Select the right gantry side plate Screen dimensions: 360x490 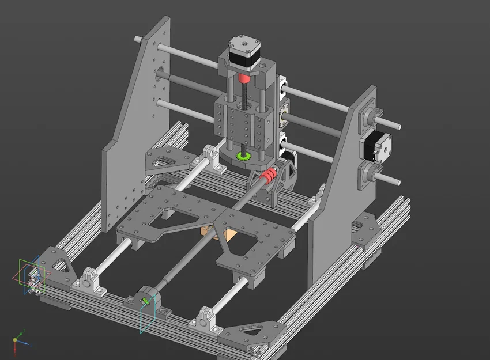pos(340,190)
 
